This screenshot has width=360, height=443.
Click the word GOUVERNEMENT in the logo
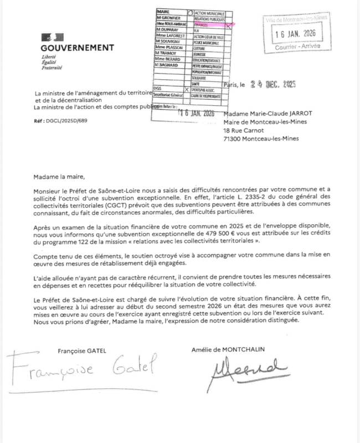click(78, 48)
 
